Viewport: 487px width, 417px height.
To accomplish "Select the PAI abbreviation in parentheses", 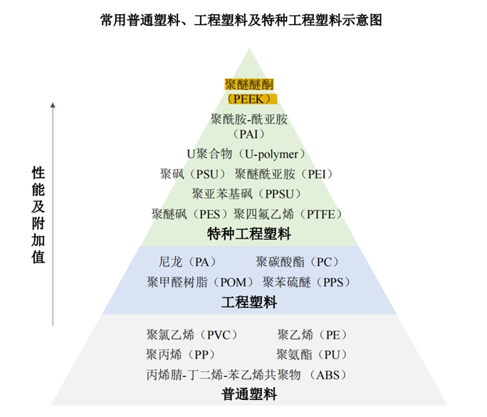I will coord(248,133).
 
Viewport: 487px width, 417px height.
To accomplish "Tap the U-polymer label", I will coord(246,154).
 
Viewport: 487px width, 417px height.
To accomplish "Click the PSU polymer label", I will coord(194,174).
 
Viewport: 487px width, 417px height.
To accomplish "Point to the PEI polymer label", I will coord(284,174).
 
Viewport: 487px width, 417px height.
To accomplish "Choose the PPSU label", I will coord(247,194).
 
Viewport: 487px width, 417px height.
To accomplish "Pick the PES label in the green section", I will coord(191,214).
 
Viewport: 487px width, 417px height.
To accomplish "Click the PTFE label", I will coord(289,214).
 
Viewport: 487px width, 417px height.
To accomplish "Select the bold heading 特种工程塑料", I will coord(249,233).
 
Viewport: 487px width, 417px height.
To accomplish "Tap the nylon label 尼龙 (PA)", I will coord(188,262).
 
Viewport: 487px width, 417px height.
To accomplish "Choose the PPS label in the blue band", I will coord(307,282).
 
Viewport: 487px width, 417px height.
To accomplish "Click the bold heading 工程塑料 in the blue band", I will coord(249,302).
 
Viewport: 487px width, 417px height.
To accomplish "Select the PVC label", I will coord(192,335).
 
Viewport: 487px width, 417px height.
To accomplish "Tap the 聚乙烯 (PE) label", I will coord(313,335).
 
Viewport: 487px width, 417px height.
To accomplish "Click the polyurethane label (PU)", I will coord(313,354).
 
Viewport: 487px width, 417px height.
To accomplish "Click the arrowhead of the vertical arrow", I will coord(53,106).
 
